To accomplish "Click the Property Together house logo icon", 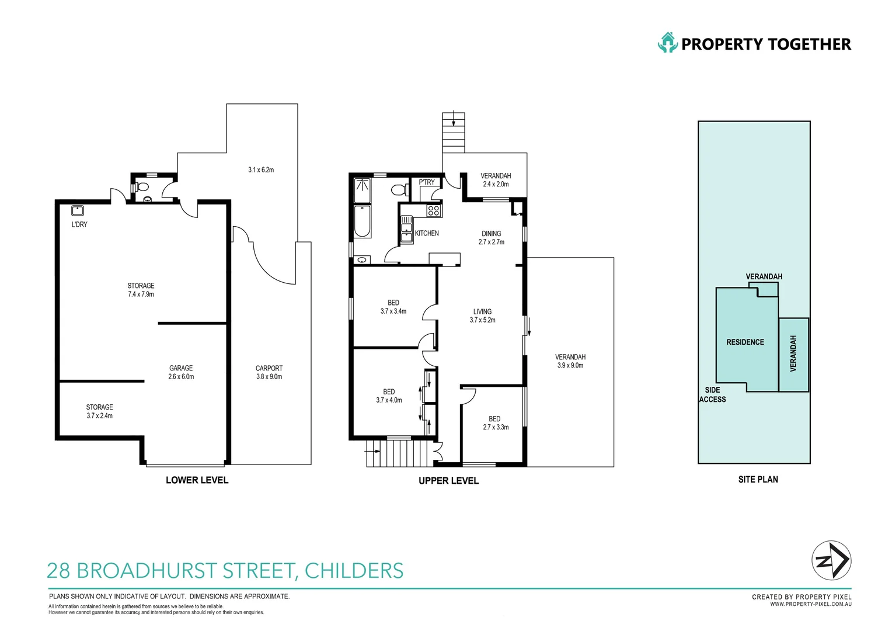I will click(x=667, y=43).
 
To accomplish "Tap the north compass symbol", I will click(x=831, y=560).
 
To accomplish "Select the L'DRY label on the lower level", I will click(x=79, y=224).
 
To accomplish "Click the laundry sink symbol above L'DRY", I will click(x=77, y=211).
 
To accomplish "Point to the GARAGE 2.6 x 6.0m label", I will click(x=181, y=372).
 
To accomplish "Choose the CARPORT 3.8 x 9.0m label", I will click(x=269, y=372).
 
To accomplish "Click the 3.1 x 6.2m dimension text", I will click(x=261, y=170).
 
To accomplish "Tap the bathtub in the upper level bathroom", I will click(x=362, y=221).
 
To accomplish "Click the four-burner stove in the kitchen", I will click(x=433, y=210).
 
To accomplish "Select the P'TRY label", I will click(x=427, y=182).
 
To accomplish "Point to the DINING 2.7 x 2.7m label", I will click(x=492, y=238).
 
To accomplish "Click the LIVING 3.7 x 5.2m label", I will click(x=482, y=315).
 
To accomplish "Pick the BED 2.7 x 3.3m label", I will click(x=495, y=423).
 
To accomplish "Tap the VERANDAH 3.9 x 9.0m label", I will click(x=570, y=361).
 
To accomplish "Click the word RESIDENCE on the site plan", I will click(x=745, y=342).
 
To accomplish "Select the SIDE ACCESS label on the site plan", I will click(x=712, y=395).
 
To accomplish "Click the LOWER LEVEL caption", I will click(x=197, y=480).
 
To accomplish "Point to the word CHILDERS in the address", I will click(x=354, y=571).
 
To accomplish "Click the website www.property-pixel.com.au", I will click(x=810, y=604).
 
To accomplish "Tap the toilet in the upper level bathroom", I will click(x=399, y=190).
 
